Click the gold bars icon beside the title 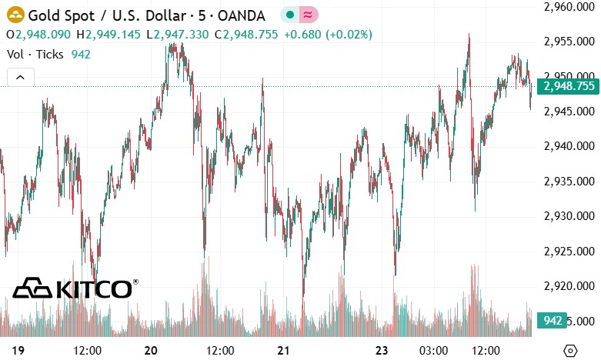tap(14, 15)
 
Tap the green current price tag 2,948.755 tap(568, 86)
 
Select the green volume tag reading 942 tap(552, 320)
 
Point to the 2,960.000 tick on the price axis tap(568, 7)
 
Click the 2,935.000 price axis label tap(568, 182)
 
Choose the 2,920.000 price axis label tap(568, 286)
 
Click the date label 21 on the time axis tap(283, 350)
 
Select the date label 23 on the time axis tap(382, 350)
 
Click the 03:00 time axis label tap(433, 350)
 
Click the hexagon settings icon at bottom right tap(570, 350)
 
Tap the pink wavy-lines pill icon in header tap(308, 15)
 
